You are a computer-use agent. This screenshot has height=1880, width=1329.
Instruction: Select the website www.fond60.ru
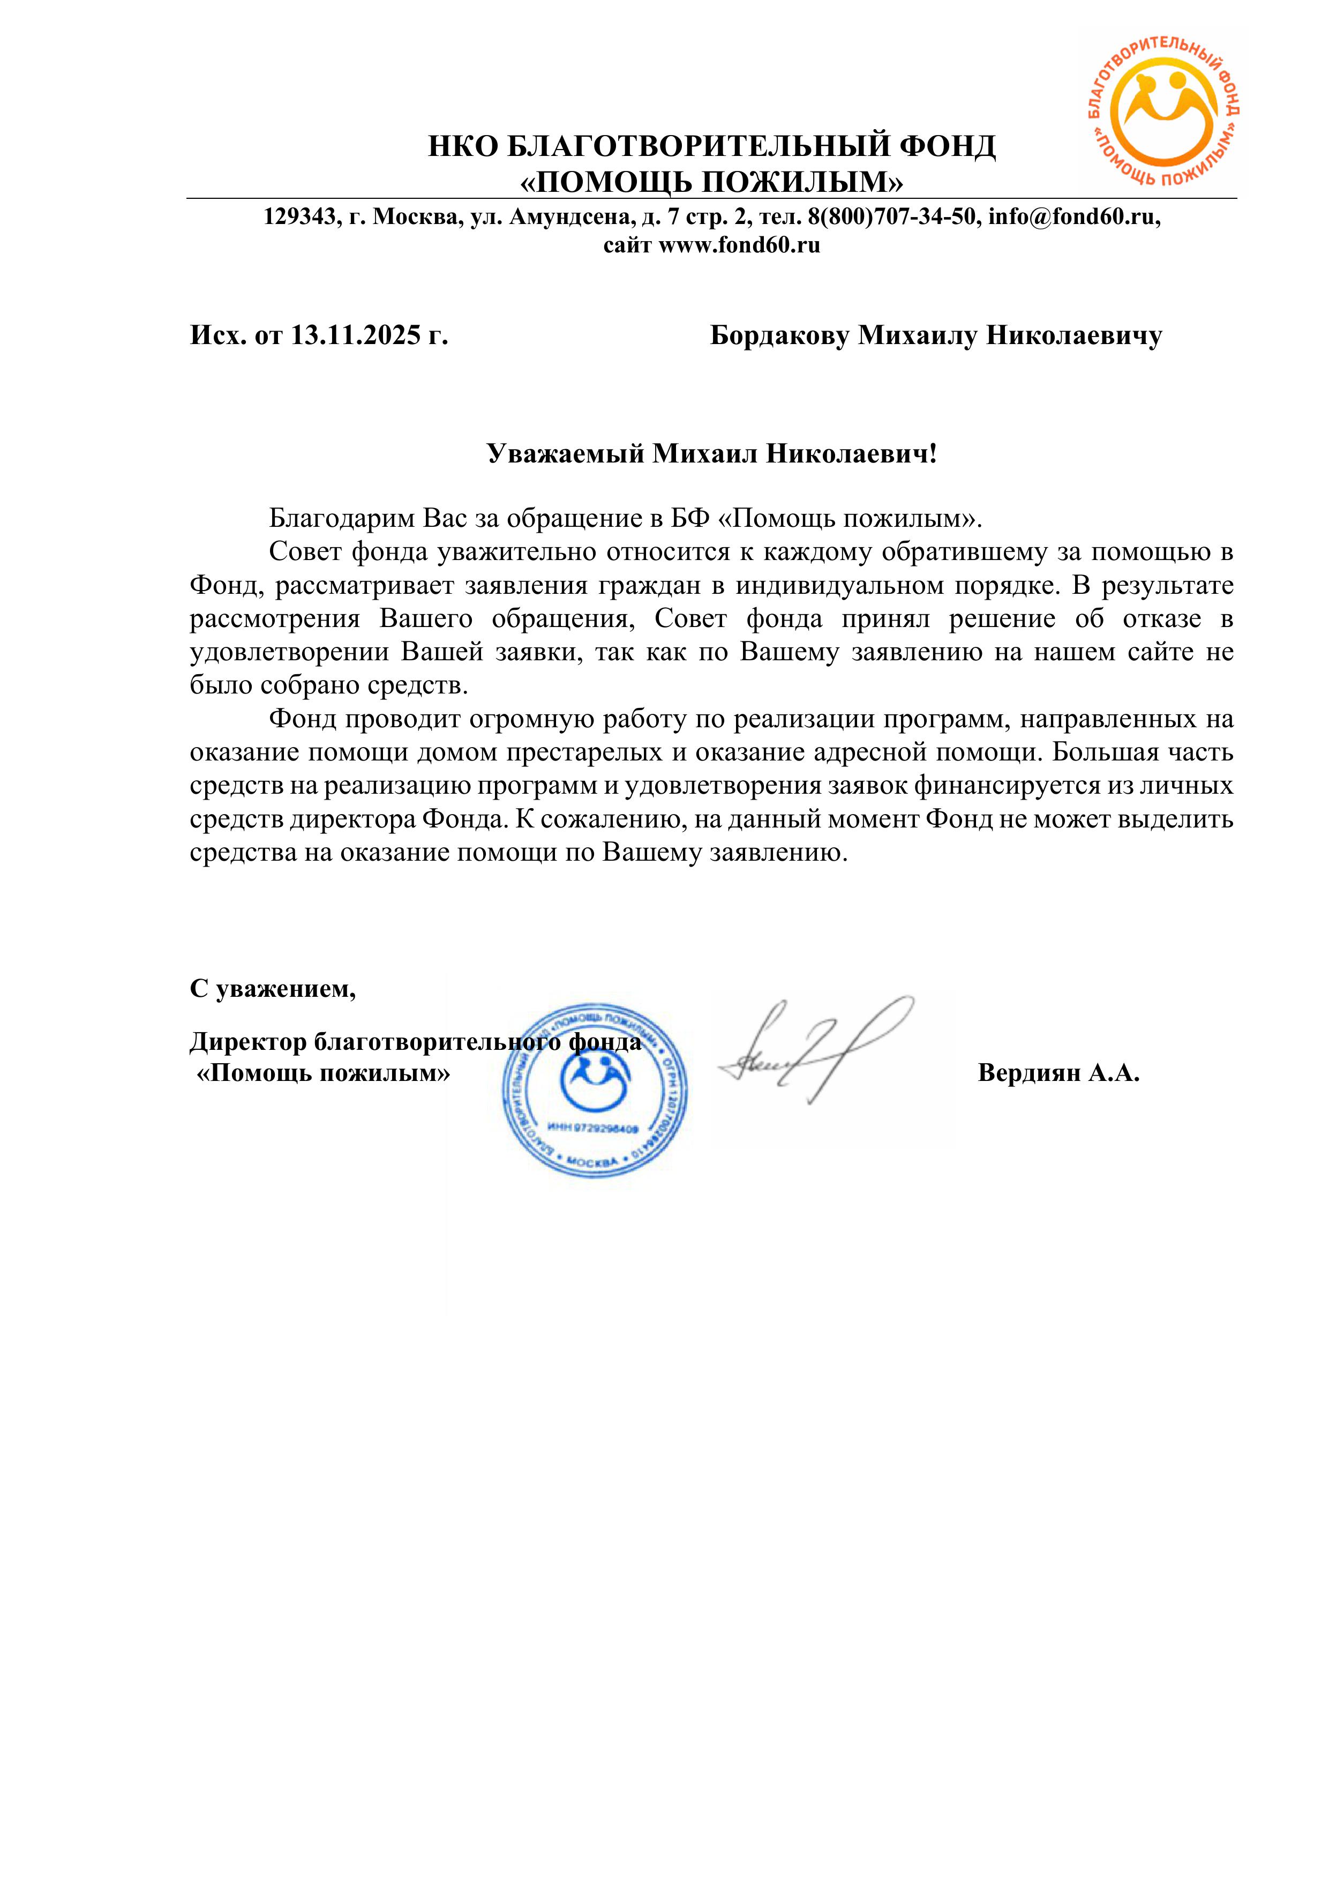pos(739,245)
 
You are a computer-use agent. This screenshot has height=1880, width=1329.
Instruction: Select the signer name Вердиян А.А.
pos(1058,1073)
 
